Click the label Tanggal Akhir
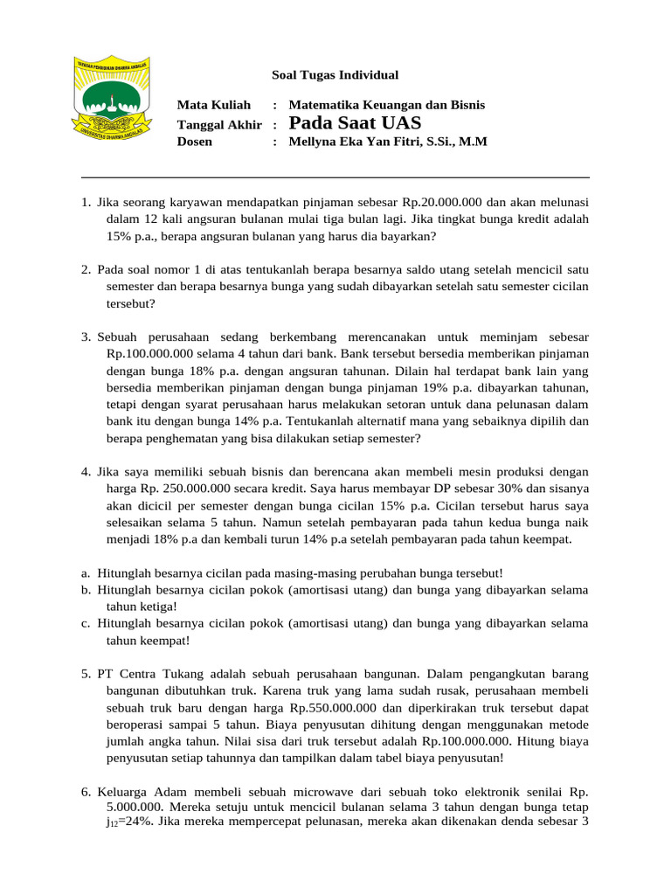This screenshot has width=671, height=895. point(219,124)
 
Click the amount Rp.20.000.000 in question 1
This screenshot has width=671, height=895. point(451,202)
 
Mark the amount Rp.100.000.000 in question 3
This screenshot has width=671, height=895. point(149,354)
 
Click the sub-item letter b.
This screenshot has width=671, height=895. point(86,590)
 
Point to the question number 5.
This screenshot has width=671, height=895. point(86,675)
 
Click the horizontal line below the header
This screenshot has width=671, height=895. point(335,177)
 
